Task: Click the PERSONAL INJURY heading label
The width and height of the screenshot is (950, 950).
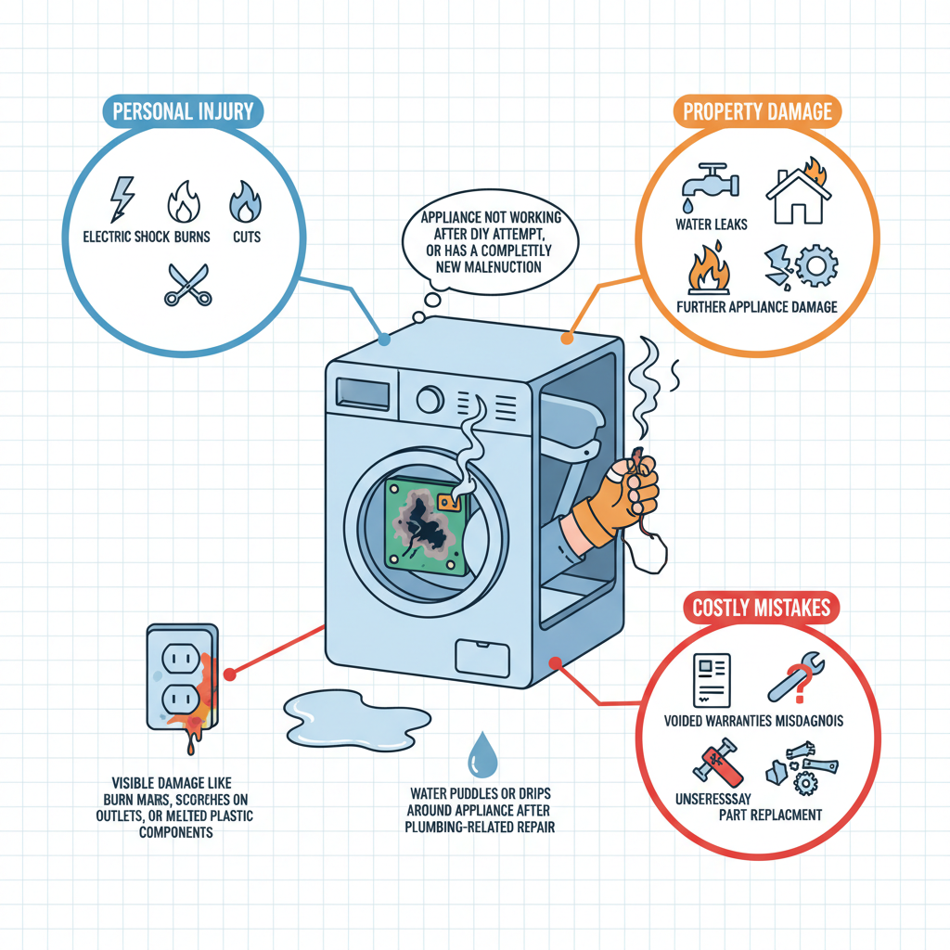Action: pos(182,112)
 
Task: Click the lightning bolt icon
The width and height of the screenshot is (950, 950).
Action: pos(122,199)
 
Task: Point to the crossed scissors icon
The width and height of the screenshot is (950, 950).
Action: pos(187,284)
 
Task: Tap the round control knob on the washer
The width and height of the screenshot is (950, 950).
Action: pos(430,400)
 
